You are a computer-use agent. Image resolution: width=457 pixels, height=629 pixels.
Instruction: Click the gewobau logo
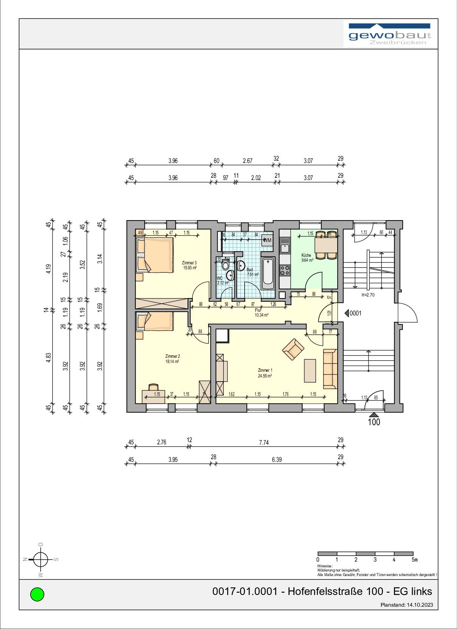click(390, 34)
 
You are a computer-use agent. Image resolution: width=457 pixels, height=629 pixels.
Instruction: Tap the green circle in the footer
click(37, 594)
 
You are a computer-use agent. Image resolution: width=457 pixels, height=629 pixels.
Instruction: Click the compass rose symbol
click(40, 559)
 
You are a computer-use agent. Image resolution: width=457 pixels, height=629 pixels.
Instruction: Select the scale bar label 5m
click(415, 559)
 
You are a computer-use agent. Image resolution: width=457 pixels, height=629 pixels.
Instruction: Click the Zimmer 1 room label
click(265, 370)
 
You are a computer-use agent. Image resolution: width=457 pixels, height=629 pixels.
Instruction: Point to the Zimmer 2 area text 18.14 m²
click(172, 361)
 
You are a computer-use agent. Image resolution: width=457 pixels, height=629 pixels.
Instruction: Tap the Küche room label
click(306, 255)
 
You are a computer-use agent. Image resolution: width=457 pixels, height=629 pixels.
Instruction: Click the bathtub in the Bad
click(268, 271)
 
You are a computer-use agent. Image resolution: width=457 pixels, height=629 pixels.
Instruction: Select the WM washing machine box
click(267, 240)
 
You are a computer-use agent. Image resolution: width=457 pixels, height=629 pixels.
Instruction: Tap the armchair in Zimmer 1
click(293, 349)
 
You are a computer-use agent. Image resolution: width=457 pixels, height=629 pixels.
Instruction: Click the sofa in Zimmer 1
click(330, 369)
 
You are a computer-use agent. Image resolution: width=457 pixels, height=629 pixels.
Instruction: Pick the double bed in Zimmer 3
click(155, 254)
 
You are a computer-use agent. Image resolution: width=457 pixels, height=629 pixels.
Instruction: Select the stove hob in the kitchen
click(285, 270)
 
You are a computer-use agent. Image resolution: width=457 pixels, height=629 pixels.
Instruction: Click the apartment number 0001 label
click(355, 313)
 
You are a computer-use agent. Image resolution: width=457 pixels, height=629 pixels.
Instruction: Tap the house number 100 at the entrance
click(374, 422)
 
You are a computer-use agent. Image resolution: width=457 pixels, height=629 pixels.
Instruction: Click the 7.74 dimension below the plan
click(263, 442)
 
